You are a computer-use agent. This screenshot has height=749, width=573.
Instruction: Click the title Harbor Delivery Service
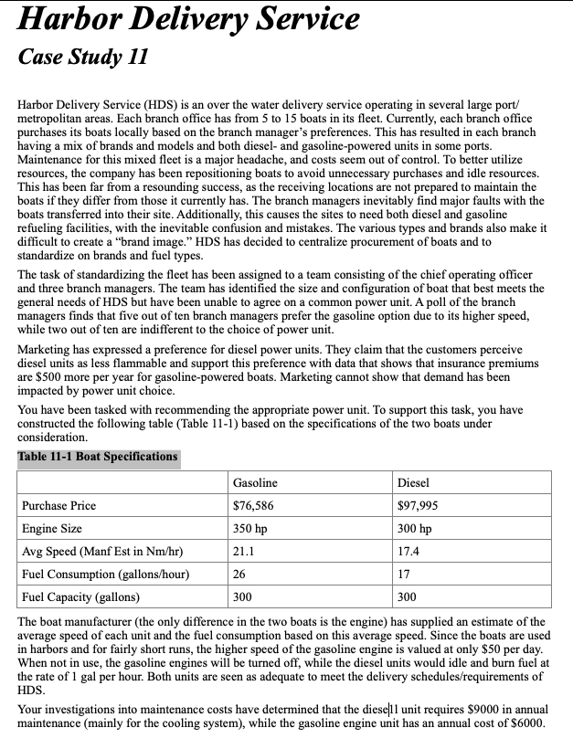188,20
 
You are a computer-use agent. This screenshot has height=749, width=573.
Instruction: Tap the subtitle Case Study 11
82,58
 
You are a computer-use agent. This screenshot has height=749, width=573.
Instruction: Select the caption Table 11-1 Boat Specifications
98,457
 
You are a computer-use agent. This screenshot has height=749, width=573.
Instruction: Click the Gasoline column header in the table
255,482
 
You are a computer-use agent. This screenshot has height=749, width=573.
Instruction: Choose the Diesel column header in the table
413,482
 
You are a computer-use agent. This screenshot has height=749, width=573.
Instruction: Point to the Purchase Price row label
58,505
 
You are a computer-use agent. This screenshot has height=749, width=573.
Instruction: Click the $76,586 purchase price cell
253,505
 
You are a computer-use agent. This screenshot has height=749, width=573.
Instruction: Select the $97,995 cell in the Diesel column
418,505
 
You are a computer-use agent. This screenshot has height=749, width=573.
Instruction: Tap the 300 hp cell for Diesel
414,528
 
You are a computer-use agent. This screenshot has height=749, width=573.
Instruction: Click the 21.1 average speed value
243,551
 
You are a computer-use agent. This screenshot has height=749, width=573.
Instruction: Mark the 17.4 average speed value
409,551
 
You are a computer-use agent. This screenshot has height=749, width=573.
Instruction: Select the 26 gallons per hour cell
239,574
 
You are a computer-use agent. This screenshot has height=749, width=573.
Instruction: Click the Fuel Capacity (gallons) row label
80,596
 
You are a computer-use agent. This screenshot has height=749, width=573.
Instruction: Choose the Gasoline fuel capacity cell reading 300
242,596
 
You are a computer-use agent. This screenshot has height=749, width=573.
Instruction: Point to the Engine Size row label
52,528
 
